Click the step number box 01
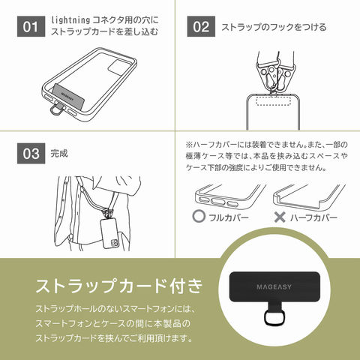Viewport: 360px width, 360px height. coord(31,26)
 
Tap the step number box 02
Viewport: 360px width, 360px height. coord(201,26)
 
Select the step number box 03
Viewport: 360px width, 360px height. coord(31,154)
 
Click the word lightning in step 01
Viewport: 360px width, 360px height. coord(70,20)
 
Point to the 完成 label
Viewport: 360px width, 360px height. coord(59,154)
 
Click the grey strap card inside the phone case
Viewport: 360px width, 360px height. coord(67,96)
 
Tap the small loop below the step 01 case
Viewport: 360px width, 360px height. coord(55,109)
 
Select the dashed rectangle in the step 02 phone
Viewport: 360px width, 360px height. coord(273,100)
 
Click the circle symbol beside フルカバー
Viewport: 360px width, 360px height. coord(199,217)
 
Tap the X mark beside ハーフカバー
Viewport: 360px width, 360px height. coord(280,217)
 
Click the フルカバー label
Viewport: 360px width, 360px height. coord(229,217)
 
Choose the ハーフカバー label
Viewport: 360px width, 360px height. coord(314,217)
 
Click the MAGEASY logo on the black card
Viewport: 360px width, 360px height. coord(274,286)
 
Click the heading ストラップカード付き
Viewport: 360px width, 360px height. coord(119,286)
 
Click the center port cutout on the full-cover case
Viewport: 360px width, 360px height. coord(218,202)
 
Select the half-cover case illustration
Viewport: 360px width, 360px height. coord(309,196)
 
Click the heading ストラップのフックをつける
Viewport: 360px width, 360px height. coord(274,27)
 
